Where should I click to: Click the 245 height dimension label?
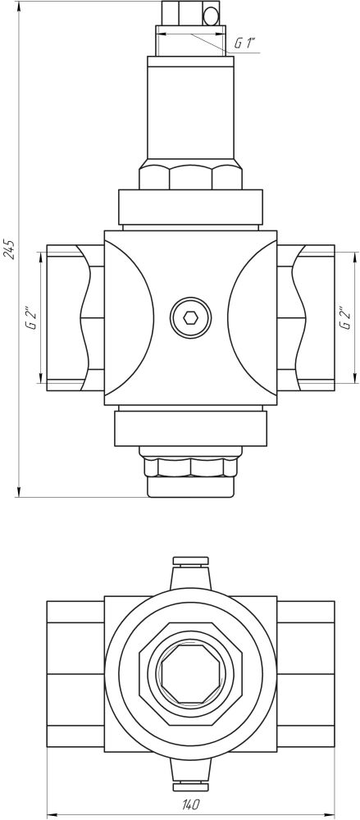click(9, 249)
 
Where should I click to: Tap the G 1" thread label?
click(244, 44)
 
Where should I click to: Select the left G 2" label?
click(33, 317)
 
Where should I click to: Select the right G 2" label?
click(344, 317)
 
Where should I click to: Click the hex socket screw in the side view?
click(190, 317)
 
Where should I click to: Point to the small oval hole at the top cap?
click(211, 16)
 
